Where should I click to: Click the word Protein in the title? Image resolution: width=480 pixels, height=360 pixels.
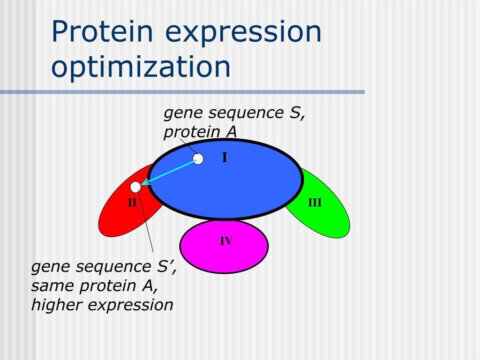coord(102,31)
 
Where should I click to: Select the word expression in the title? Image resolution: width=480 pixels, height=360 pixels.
coord(243,33)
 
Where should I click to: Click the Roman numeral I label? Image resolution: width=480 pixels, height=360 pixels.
coord(225,157)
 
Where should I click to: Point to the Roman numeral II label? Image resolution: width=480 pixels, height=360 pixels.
coord(132,202)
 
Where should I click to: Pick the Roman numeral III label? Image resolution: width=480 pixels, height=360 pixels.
coord(315,202)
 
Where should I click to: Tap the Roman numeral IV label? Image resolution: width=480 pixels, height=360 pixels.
coord(226,241)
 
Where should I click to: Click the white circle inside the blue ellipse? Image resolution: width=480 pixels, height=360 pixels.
coord(198,159)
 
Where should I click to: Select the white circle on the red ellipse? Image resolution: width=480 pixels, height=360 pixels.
coord(135,187)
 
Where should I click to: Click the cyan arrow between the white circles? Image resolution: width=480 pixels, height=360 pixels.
coord(168,172)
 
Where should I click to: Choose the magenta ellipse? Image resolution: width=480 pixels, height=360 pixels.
coord(224,247)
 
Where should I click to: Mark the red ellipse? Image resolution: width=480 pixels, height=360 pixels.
coord(122,214)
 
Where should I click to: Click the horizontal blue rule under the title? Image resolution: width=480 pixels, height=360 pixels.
coord(182,92)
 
